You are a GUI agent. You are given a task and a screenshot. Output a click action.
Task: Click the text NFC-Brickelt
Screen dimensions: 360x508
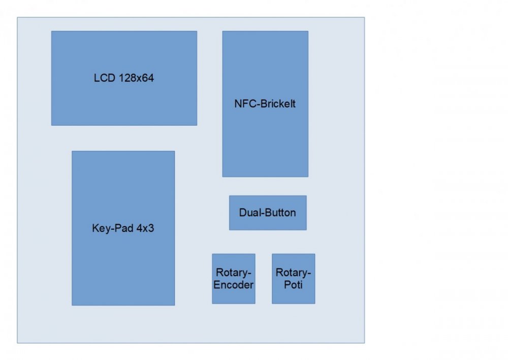(265, 104)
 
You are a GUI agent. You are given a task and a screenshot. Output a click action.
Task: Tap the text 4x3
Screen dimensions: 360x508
(145, 228)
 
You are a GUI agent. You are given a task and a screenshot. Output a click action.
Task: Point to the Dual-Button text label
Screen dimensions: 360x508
(267, 213)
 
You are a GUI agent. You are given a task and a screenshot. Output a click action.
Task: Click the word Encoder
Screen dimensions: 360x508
(234, 285)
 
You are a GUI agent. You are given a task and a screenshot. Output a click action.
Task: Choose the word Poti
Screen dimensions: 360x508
(294, 285)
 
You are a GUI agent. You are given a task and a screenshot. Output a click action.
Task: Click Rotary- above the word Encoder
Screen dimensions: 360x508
(234, 273)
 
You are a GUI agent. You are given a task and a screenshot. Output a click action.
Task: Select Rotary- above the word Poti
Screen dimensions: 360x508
(294, 273)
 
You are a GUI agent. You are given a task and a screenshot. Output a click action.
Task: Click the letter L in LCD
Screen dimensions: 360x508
(97, 78)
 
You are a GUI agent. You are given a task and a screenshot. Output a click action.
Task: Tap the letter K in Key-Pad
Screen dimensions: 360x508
(96, 228)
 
